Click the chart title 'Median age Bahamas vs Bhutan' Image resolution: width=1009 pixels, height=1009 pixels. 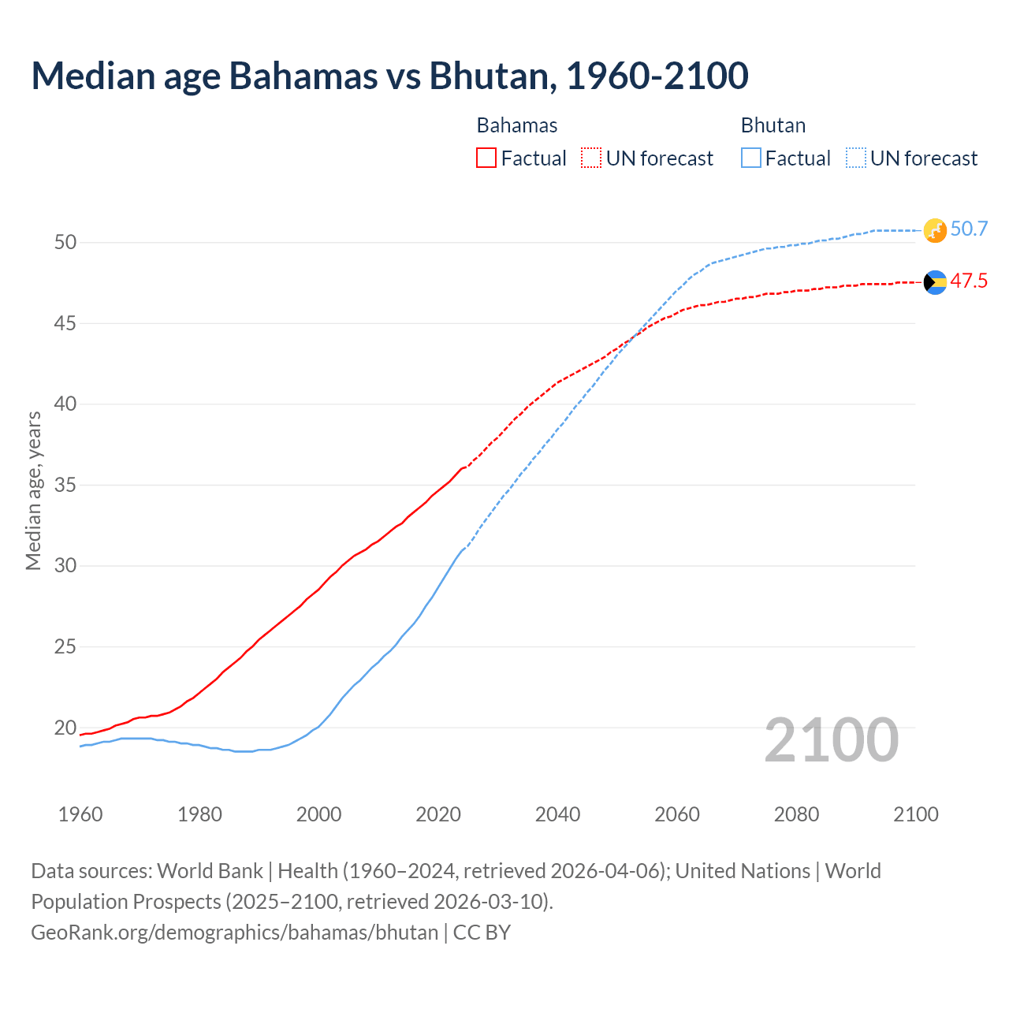(x=389, y=76)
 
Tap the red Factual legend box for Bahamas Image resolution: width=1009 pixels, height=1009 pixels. (x=486, y=158)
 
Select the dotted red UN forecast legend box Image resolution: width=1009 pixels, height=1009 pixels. (x=591, y=158)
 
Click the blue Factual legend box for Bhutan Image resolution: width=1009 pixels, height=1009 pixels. (x=751, y=158)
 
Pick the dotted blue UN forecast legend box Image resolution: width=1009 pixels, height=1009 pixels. (x=855, y=158)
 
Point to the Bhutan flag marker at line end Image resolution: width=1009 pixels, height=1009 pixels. (x=934, y=230)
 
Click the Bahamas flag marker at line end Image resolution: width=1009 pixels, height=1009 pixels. (x=935, y=282)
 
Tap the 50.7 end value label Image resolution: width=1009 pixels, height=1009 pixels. (x=969, y=229)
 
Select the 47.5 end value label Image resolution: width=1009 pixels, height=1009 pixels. (x=969, y=281)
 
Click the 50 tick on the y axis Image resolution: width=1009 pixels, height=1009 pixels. (x=65, y=242)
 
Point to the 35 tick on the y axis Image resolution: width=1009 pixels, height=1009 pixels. (x=65, y=485)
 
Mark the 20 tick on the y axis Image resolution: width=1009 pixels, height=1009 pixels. (x=65, y=728)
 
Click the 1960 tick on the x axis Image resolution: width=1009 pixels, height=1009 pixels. (x=80, y=814)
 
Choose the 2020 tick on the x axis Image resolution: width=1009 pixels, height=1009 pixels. (x=438, y=814)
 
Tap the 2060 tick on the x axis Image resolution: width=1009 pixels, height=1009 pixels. (x=677, y=814)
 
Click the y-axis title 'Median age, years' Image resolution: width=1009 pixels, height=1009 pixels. (x=33, y=490)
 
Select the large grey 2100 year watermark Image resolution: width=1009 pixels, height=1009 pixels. (x=831, y=739)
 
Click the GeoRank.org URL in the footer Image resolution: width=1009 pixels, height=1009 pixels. (x=234, y=933)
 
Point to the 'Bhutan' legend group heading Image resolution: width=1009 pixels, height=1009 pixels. (x=773, y=125)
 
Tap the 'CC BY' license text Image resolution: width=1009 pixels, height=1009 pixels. (x=482, y=933)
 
